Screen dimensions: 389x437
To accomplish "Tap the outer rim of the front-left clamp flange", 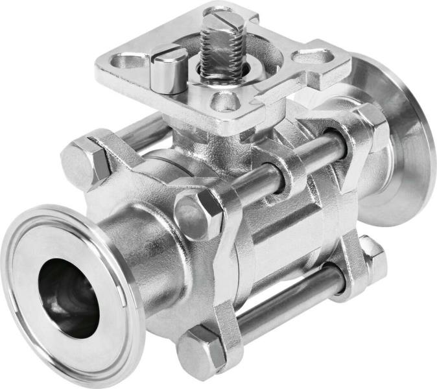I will pyautogui.click(x=19, y=305).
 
